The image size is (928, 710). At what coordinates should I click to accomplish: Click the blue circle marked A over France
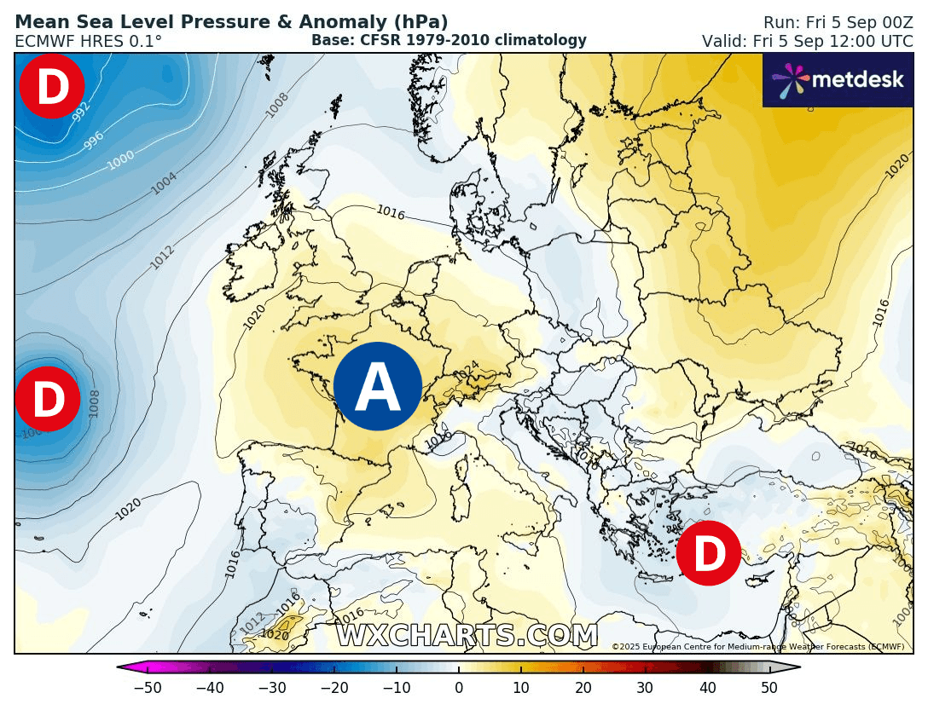378,386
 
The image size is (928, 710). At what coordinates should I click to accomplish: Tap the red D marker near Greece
709,553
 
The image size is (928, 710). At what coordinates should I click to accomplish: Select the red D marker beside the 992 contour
52,86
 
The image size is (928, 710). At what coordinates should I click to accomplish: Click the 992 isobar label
82,112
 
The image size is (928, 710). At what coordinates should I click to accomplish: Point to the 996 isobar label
95,141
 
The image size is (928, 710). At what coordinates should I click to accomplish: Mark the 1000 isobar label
120,160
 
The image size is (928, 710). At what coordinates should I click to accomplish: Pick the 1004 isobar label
164,182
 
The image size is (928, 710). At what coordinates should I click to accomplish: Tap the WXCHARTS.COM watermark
467,636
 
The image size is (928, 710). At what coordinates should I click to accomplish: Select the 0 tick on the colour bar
459,688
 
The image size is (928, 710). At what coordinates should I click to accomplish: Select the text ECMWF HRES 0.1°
88,41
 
